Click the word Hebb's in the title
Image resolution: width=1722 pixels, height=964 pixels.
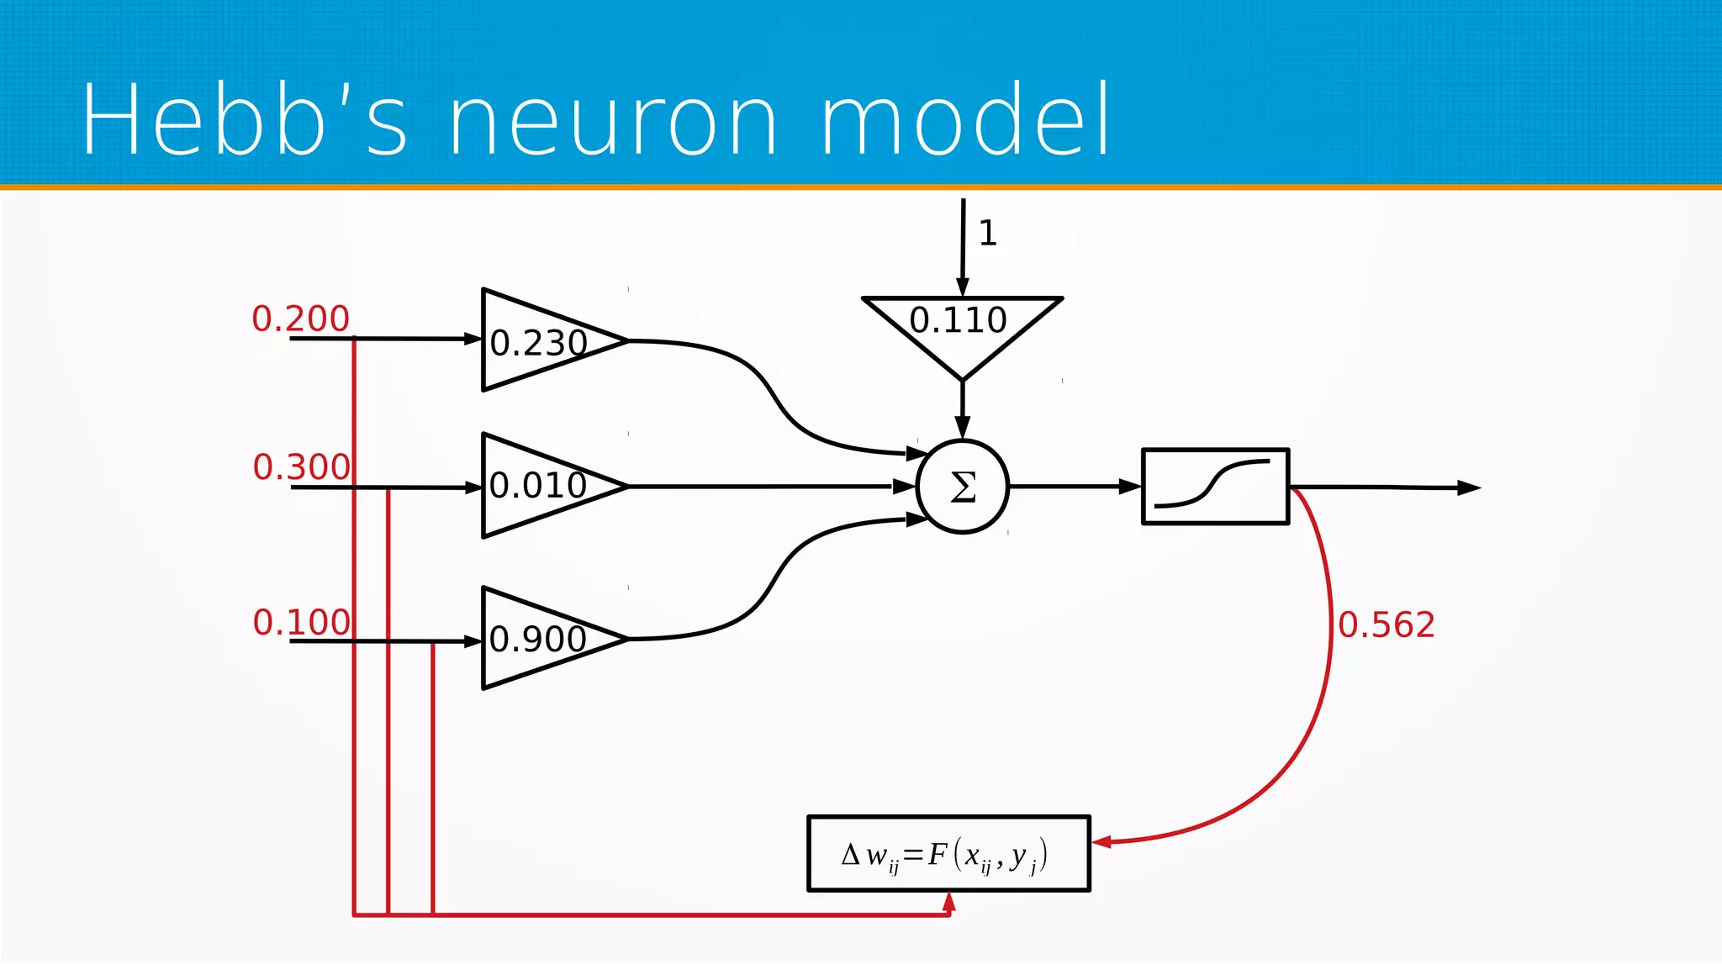pos(244,119)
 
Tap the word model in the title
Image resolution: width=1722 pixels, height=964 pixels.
pos(964,119)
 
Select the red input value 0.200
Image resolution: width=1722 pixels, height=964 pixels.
pos(300,319)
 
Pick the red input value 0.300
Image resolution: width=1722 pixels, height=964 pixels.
pos(301,466)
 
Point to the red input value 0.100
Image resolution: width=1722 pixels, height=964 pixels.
pos(301,622)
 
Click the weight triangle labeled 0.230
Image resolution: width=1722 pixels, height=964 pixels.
pos(538,341)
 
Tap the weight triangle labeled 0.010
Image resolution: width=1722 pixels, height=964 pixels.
pos(538,486)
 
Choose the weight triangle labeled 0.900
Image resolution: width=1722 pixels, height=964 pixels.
pos(538,639)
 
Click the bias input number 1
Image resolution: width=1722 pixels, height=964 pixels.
pos(988,233)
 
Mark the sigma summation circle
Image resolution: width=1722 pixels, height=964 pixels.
pos(963,487)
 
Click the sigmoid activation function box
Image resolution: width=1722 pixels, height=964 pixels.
pos(1215,487)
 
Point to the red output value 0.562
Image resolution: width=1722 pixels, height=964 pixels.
pos(1386,624)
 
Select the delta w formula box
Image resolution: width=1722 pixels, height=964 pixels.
pos(948,854)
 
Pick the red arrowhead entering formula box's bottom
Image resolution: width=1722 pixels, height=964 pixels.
pos(949,902)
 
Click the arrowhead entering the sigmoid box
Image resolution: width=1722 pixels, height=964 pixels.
pos(1130,486)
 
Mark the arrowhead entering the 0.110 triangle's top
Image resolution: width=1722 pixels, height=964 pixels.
pos(963,288)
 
